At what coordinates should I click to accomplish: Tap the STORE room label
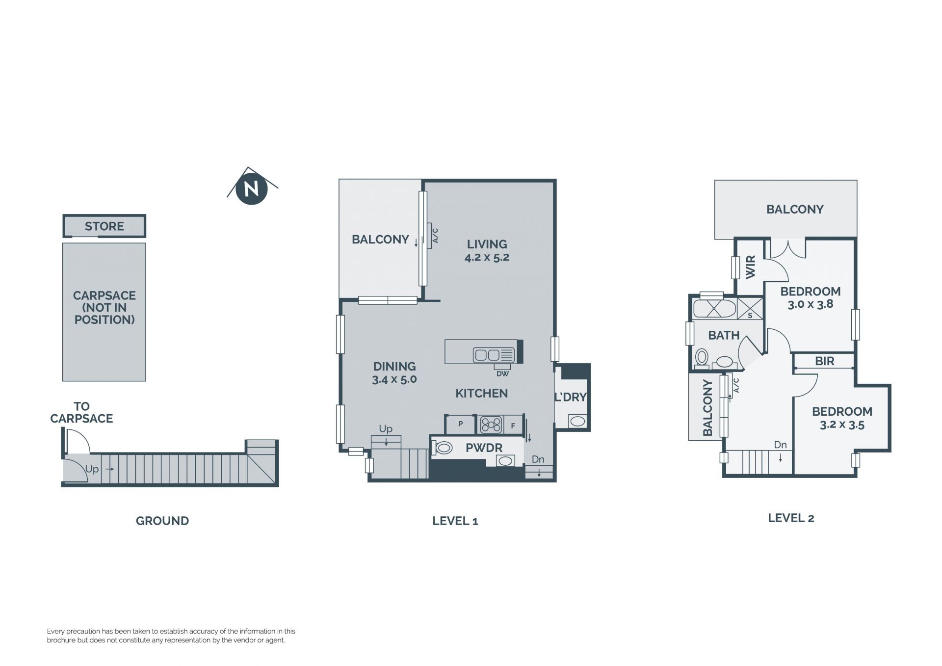pyautogui.click(x=104, y=226)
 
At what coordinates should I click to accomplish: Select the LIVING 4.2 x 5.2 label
pyautogui.click(x=487, y=250)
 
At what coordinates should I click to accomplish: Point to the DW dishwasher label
pyautogui.click(x=502, y=374)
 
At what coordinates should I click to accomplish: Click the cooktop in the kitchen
pyautogui.click(x=491, y=425)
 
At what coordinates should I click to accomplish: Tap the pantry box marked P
pyautogui.click(x=460, y=424)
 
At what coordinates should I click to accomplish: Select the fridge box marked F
pyautogui.click(x=513, y=426)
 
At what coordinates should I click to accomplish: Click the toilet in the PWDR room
pyautogui.click(x=443, y=448)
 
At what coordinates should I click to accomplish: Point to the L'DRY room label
pyautogui.click(x=571, y=397)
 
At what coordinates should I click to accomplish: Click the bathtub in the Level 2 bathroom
pyautogui.click(x=714, y=309)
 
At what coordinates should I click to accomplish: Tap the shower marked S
pyautogui.click(x=750, y=309)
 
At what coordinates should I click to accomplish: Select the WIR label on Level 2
pyautogui.click(x=751, y=267)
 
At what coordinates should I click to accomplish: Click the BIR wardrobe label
pyautogui.click(x=824, y=361)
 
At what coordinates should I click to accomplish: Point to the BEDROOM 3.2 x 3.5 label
pyautogui.click(x=842, y=418)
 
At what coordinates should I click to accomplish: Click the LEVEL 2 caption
pyautogui.click(x=791, y=518)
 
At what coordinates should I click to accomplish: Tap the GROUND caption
pyautogui.click(x=162, y=521)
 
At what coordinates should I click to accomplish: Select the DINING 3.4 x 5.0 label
pyautogui.click(x=394, y=373)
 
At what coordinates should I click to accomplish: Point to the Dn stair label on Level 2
pyautogui.click(x=780, y=445)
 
